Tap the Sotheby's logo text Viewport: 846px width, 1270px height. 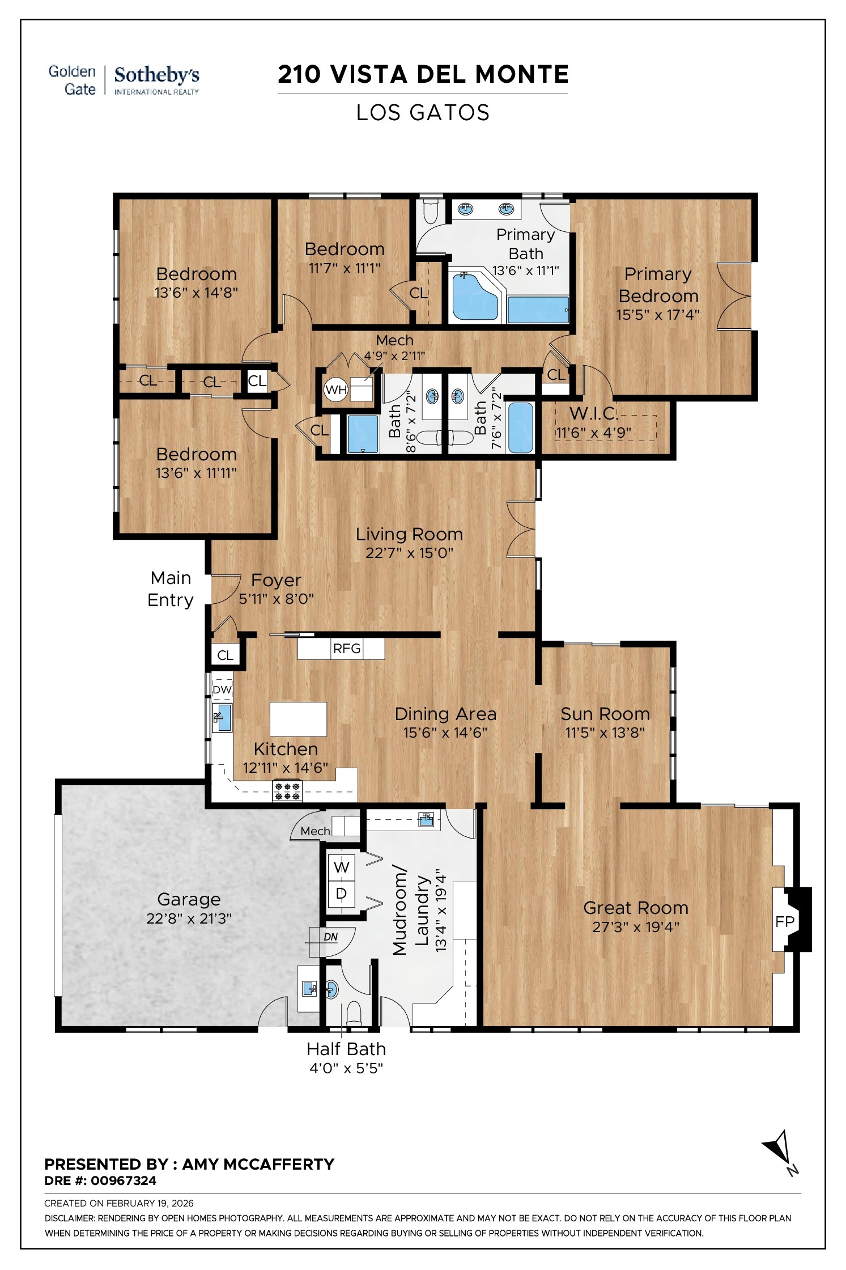point(156,75)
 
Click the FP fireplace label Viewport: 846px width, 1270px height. point(785,922)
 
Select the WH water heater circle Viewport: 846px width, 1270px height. point(335,390)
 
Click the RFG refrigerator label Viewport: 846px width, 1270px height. point(347,648)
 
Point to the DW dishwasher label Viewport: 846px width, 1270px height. point(222,689)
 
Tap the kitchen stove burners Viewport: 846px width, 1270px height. point(287,791)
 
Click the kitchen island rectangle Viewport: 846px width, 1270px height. point(299,719)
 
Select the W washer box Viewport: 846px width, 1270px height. point(341,867)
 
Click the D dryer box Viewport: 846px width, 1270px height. point(341,894)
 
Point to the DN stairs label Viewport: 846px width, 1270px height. point(330,937)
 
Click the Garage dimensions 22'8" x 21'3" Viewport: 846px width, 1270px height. point(189,918)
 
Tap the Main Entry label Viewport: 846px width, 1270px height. point(171,589)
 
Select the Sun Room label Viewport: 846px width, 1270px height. point(605,714)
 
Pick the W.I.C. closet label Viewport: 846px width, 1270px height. point(593,413)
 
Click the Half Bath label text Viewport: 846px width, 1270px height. point(346,1049)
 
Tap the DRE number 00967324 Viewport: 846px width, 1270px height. point(123,1180)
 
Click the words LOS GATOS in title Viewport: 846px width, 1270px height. point(423,113)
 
